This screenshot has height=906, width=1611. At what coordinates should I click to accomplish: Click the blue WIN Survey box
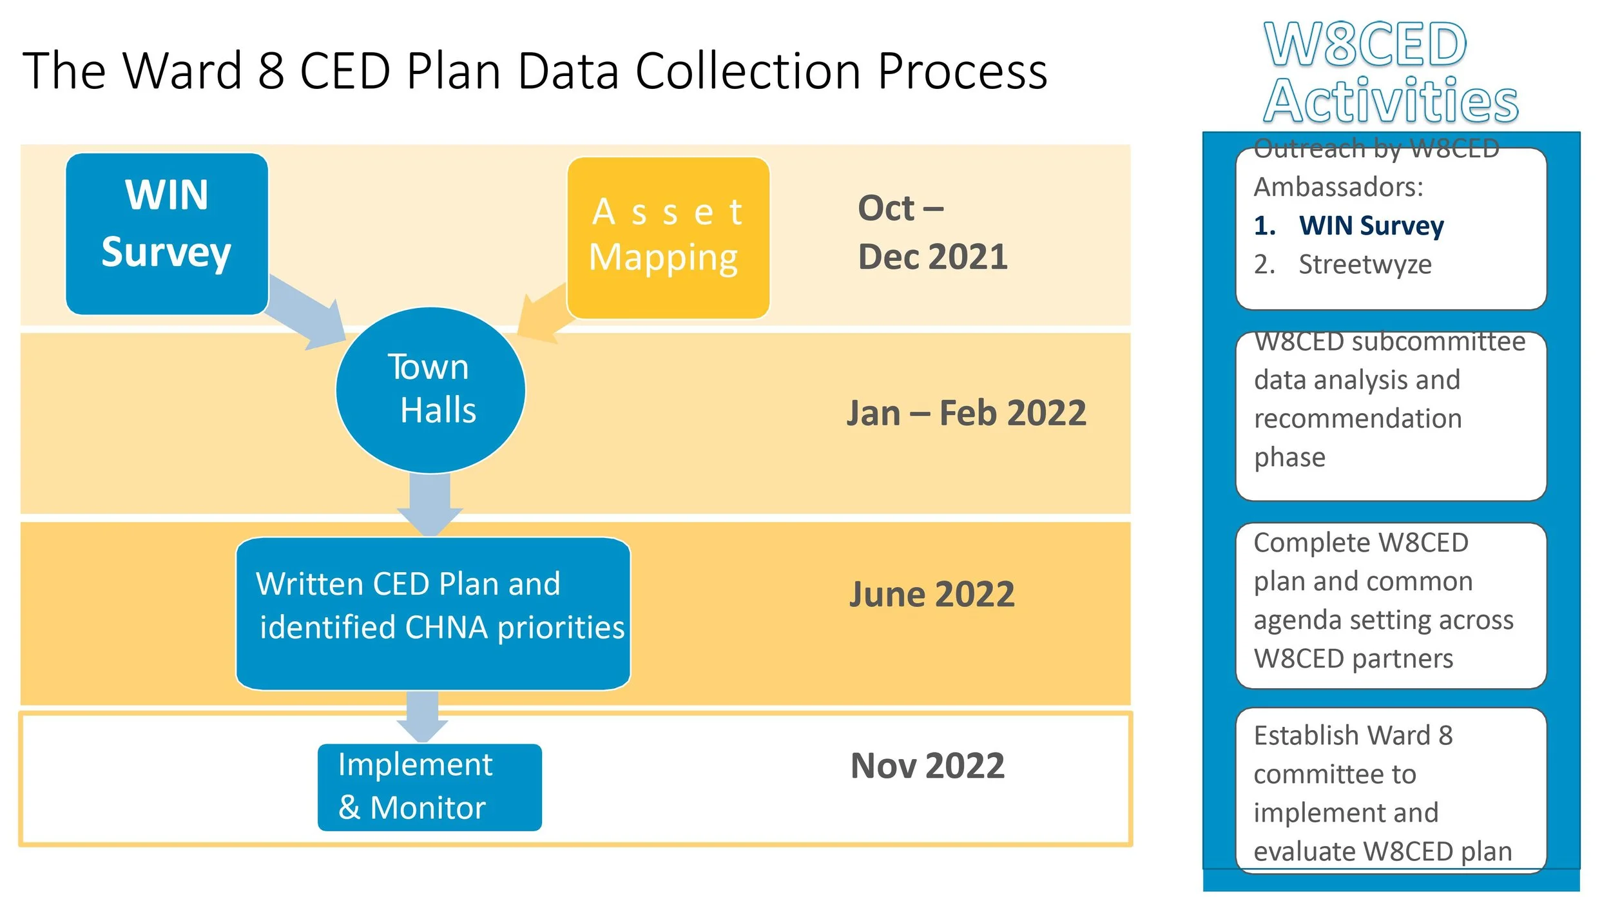pyautogui.click(x=166, y=233)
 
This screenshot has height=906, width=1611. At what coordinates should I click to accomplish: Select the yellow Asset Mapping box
pyautogui.click(x=668, y=237)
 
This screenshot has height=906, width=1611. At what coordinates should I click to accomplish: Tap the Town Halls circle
pyautogui.click(x=430, y=390)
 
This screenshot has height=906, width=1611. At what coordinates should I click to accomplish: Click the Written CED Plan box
pyautogui.click(x=433, y=613)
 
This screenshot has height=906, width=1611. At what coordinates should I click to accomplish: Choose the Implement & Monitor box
pyautogui.click(x=429, y=787)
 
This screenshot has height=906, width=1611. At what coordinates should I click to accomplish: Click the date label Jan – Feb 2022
pyautogui.click(x=966, y=413)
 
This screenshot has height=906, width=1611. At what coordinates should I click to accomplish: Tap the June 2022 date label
pyautogui.click(x=931, y=594)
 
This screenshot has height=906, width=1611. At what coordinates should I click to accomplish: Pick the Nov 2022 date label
pyautogui.click(x=927, y=766)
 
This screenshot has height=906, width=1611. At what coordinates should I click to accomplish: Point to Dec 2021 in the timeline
pyautogui.click(x=932, y=256)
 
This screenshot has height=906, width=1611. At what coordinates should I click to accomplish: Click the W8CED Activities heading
pyautogui.click(x=1390, y=72)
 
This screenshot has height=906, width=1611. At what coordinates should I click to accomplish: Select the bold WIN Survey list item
pyautogui.click(x=1371, y=226)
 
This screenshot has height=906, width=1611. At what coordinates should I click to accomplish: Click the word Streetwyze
pyautogui.click(x=1365, y=264)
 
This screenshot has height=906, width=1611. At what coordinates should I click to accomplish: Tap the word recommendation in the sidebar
pyautogui.click(x=1357, y=419)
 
